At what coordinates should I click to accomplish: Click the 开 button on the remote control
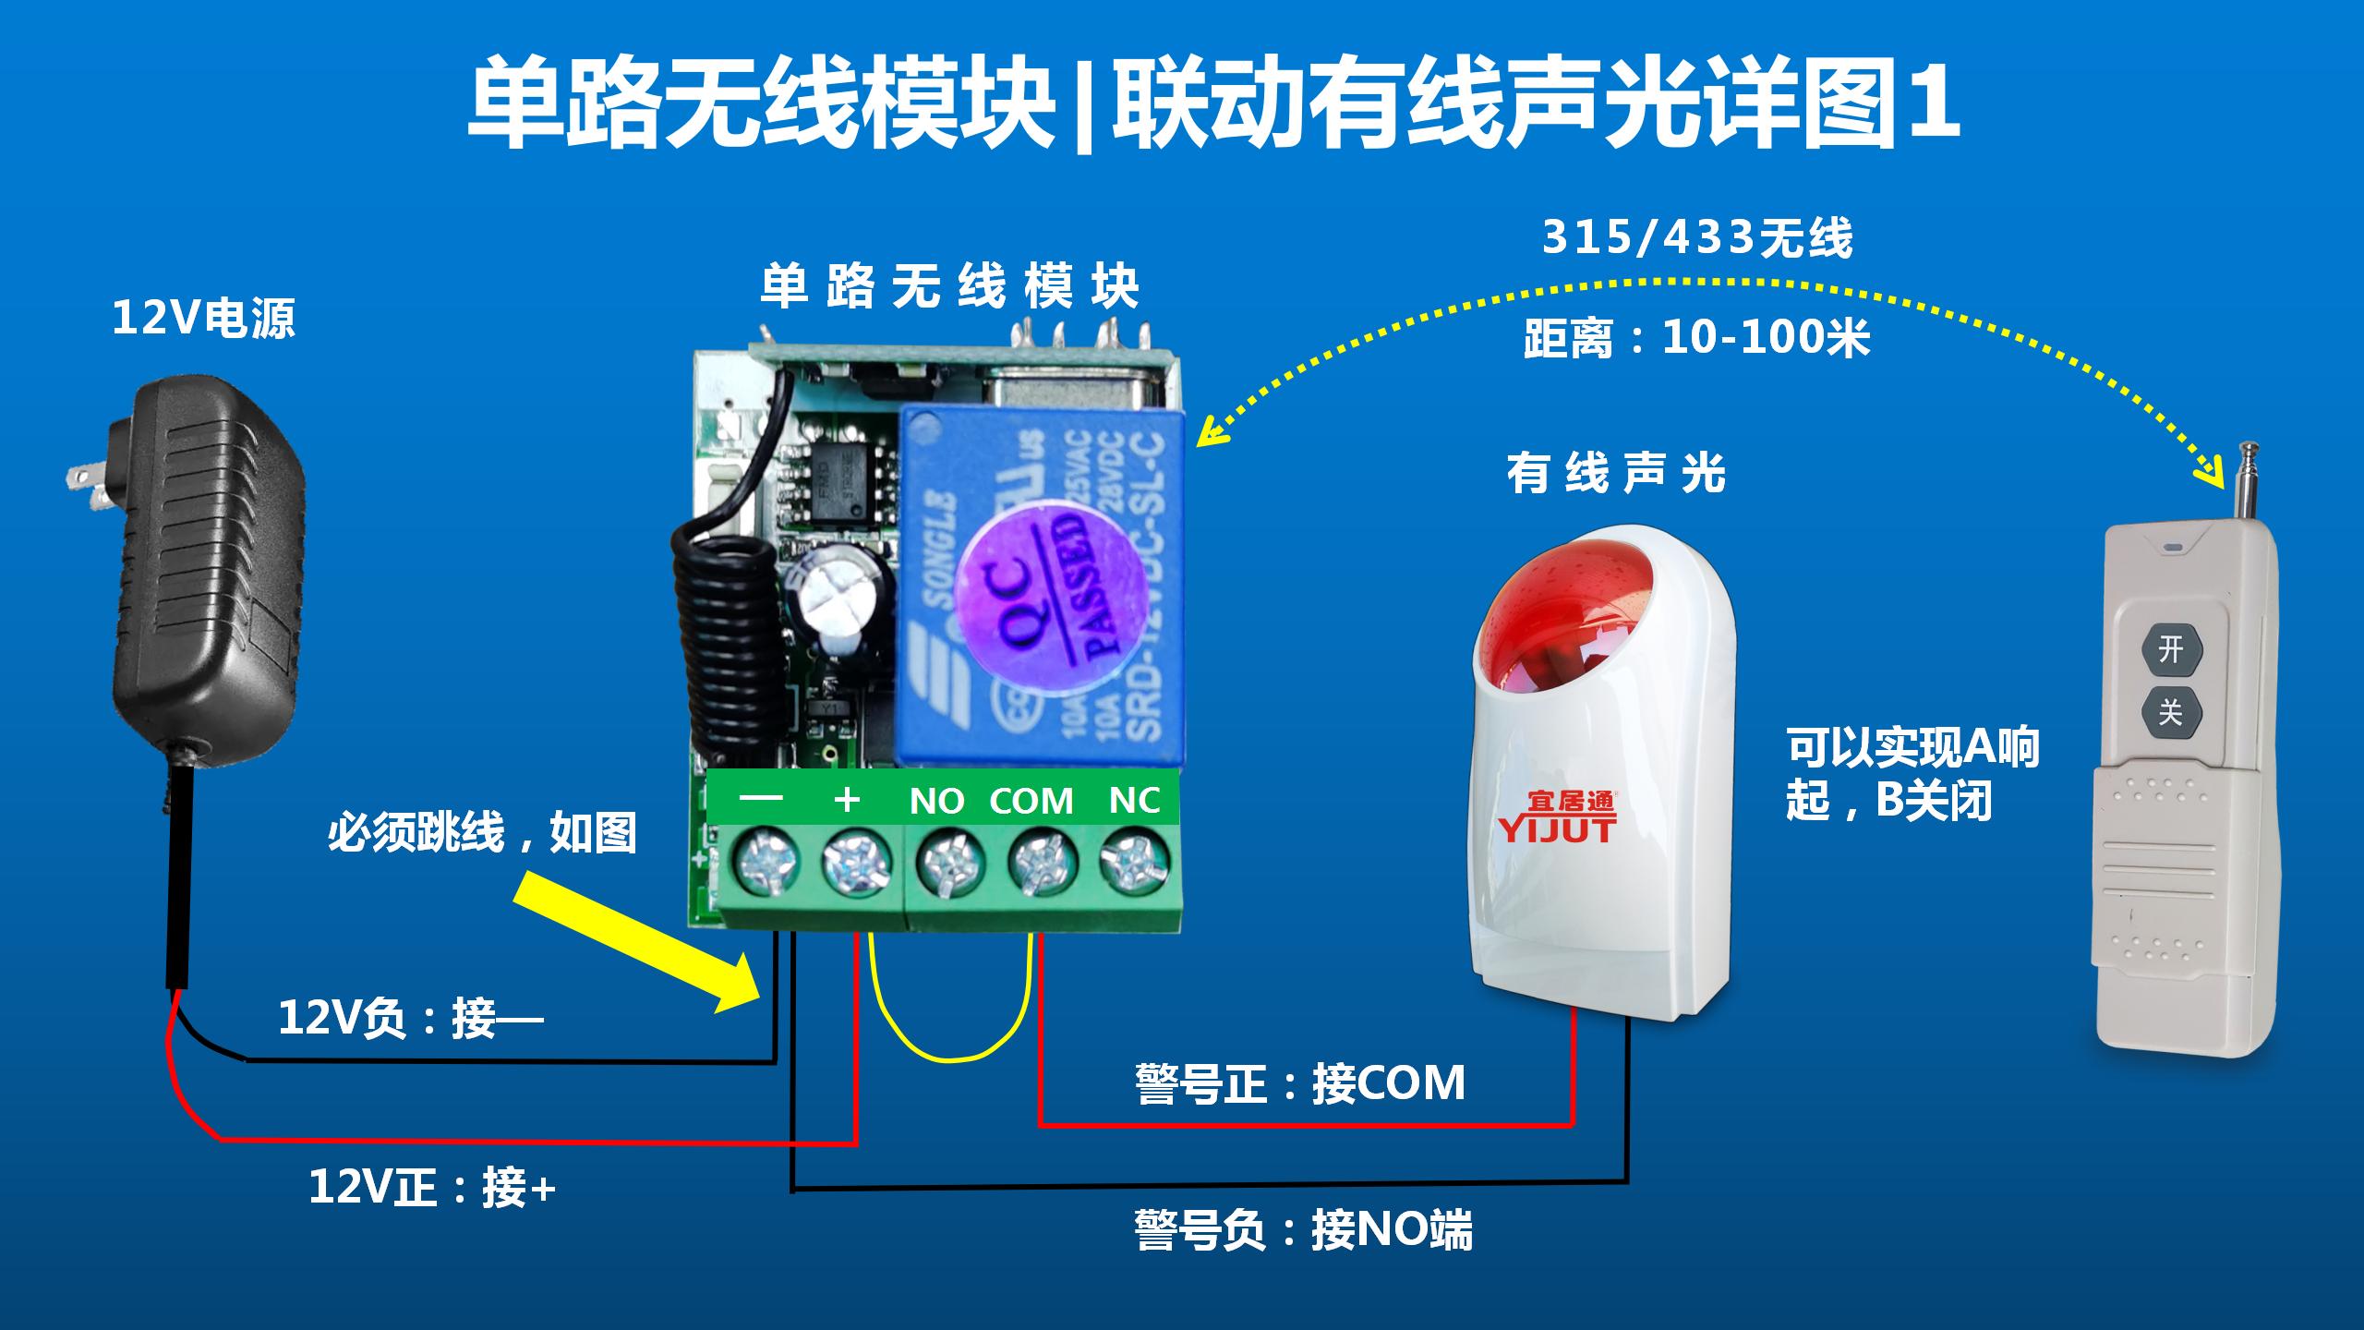(x=2170, y=649)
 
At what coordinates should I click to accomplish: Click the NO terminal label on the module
(x=936, y=801)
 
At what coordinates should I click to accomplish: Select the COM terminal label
(x=1031, y=801)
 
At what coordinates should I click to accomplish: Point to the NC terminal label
(x=1134, y=800)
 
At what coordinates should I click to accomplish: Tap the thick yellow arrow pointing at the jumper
(x=637, y=942)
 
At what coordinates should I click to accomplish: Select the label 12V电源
(x=203, y=319)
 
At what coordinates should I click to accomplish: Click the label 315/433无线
(x=1697, y=238)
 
